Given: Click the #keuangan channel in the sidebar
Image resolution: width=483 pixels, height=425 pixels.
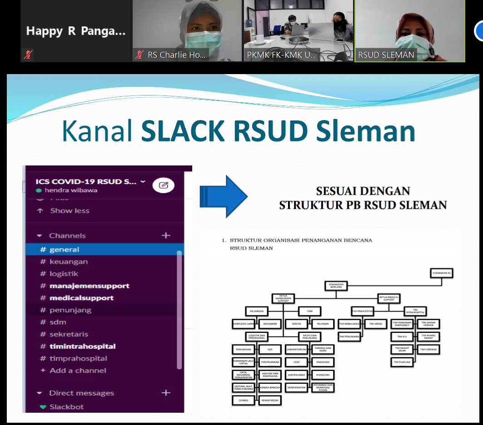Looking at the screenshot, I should (69, 262).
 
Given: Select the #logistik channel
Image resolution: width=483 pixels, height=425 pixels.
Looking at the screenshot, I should (64, 274).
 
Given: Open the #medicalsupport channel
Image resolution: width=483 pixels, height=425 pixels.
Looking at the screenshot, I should (81, 298).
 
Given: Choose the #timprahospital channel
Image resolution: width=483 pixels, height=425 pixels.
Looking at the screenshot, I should (78, 358).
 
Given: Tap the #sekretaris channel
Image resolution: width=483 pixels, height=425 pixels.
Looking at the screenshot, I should (69, 334).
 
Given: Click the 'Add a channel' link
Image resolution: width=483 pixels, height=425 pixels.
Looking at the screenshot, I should (78, 370).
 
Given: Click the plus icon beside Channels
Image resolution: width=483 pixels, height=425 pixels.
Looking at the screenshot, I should (166, 235).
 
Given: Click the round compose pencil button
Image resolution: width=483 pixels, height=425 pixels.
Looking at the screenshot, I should (164, 185).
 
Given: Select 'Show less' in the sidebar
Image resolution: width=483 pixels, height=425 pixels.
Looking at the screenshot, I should (70, 211).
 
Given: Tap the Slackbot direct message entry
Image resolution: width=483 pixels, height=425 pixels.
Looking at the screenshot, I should (66, 407).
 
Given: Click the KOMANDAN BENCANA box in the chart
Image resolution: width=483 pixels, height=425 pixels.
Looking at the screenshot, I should (336, 286).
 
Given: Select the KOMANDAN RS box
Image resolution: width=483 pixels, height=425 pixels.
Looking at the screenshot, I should (442, 273).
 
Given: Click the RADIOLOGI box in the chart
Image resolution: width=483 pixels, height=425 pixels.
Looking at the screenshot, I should (322, 362).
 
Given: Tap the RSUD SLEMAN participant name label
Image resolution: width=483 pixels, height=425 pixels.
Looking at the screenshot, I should (386, 55).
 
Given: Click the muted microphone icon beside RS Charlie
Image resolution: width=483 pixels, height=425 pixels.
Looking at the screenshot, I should (139, 55).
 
